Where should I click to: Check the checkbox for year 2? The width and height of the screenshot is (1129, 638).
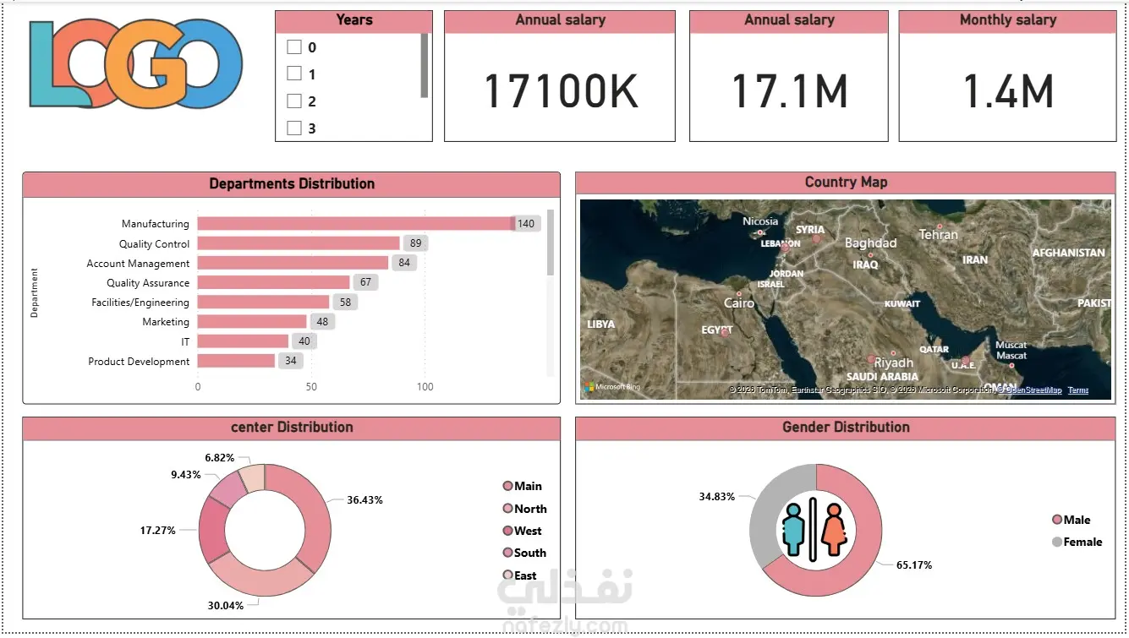(294, 101)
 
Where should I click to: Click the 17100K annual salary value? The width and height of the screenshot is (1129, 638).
(560, 91)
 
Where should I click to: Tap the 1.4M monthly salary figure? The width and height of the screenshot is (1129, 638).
(1008, 91)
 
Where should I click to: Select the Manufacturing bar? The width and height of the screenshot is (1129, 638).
(355, 224)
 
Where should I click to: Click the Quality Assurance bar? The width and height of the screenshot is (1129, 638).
(273, 282)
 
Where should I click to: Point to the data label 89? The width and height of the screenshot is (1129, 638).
(415, 243)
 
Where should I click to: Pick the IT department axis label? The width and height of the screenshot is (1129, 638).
(185, 341)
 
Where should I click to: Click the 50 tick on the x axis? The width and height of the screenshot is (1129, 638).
(311, 387)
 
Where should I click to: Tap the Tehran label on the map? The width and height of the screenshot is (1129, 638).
(938, 235)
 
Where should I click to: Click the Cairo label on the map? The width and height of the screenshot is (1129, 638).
(739, 303)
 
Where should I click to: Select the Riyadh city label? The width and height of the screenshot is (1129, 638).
(893, 363)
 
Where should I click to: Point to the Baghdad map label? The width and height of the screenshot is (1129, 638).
(870, 243)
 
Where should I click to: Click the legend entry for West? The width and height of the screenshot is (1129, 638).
(528, 531)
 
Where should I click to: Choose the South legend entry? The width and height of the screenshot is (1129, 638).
(529, 553)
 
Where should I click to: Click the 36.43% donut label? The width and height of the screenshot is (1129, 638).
(364, 500)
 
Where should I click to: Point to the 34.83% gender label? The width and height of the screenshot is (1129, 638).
(716, 496)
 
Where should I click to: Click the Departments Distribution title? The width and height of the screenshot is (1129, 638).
(292, 183)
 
